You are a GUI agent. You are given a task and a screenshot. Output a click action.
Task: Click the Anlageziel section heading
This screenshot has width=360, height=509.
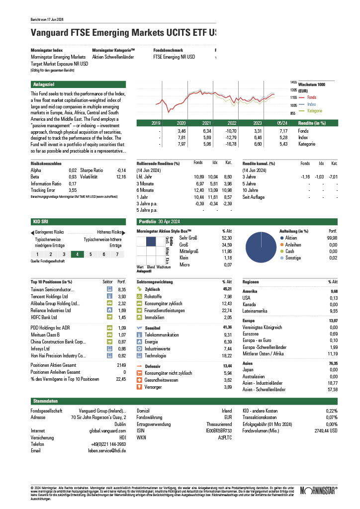(41, 85)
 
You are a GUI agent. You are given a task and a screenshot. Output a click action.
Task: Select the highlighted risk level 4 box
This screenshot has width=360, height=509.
(77, 254)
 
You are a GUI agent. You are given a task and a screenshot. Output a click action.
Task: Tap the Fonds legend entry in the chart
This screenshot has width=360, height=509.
(311, 97)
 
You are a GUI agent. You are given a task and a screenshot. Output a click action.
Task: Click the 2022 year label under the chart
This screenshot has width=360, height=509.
(232, 123)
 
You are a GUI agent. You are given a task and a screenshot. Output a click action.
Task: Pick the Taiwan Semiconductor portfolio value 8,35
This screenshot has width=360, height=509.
(122, 289)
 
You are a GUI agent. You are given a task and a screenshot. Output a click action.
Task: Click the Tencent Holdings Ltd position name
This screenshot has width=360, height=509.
(49, 296)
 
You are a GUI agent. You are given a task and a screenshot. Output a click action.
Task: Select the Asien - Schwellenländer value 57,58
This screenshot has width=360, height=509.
(332, 390)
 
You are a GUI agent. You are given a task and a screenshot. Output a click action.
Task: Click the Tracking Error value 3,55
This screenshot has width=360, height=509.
(73, 190)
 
